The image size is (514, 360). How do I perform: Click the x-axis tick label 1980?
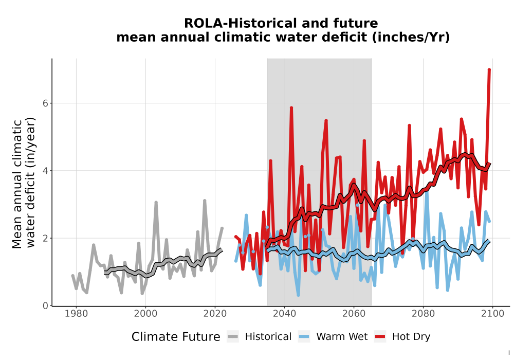76,314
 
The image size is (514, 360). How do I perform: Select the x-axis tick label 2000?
145,314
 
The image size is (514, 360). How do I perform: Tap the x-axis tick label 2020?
215,314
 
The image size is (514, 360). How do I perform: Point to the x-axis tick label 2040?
285,314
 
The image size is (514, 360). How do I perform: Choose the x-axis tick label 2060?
354,314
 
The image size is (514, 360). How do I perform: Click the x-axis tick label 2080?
423,314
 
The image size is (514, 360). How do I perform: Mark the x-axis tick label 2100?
493,314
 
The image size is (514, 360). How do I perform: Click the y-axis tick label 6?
45,103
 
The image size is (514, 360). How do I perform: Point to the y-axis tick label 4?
45,171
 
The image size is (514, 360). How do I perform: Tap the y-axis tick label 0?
45,305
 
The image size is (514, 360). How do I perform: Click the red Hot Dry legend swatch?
380,337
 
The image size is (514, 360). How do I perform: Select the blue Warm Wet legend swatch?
304,337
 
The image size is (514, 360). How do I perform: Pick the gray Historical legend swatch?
233,337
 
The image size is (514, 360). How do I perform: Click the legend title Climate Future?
176,337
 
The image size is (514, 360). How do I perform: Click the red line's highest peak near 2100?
489,69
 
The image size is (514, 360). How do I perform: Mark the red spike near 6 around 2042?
291,107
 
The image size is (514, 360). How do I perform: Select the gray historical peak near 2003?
156,202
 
